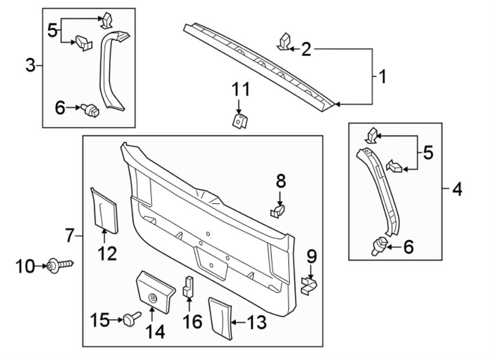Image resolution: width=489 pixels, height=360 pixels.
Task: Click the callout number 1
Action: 382,76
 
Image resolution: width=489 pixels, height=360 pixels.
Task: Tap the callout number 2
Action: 306,50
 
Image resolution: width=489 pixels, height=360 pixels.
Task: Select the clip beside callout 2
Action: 284,42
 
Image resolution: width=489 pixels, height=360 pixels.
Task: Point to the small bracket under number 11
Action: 239,120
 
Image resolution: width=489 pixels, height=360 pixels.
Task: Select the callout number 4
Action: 456,190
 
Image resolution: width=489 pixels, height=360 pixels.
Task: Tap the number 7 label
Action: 70,236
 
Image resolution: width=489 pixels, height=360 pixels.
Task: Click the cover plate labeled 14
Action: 155,293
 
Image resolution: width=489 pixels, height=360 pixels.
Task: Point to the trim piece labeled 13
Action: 221,316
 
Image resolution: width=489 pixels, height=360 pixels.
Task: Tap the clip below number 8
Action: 278,210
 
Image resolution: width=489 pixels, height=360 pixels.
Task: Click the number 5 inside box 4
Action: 428,153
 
